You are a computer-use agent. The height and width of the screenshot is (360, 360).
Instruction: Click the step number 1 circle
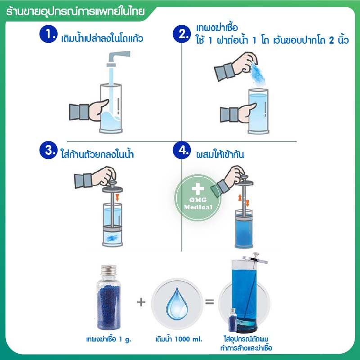point(48,34)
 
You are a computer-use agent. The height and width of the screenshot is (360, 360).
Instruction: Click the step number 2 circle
point(182,34)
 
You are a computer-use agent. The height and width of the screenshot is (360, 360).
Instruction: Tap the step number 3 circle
point(48,150)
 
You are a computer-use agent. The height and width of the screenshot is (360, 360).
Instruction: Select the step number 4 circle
point(182,150)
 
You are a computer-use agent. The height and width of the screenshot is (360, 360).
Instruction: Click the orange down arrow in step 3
point(117,198)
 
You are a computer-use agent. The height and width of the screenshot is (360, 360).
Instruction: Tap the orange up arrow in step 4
point(240,198)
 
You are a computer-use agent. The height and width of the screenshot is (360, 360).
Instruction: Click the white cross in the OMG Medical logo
point(198,189)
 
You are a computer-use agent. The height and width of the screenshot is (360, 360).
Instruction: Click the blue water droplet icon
point(176,303)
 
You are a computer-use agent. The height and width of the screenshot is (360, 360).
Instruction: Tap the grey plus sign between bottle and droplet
point(141,302)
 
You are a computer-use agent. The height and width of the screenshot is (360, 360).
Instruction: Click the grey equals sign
point(209,301)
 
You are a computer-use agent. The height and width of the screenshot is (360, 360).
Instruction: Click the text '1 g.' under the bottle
point(125,339)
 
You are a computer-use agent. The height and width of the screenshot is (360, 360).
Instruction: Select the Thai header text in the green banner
point(76,12)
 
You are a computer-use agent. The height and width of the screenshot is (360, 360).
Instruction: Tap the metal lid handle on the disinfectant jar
point(255,258)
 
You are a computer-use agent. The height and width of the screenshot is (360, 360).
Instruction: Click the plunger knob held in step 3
point(112,184)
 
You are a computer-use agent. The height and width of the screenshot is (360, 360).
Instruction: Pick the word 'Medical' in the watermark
point(198,207)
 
